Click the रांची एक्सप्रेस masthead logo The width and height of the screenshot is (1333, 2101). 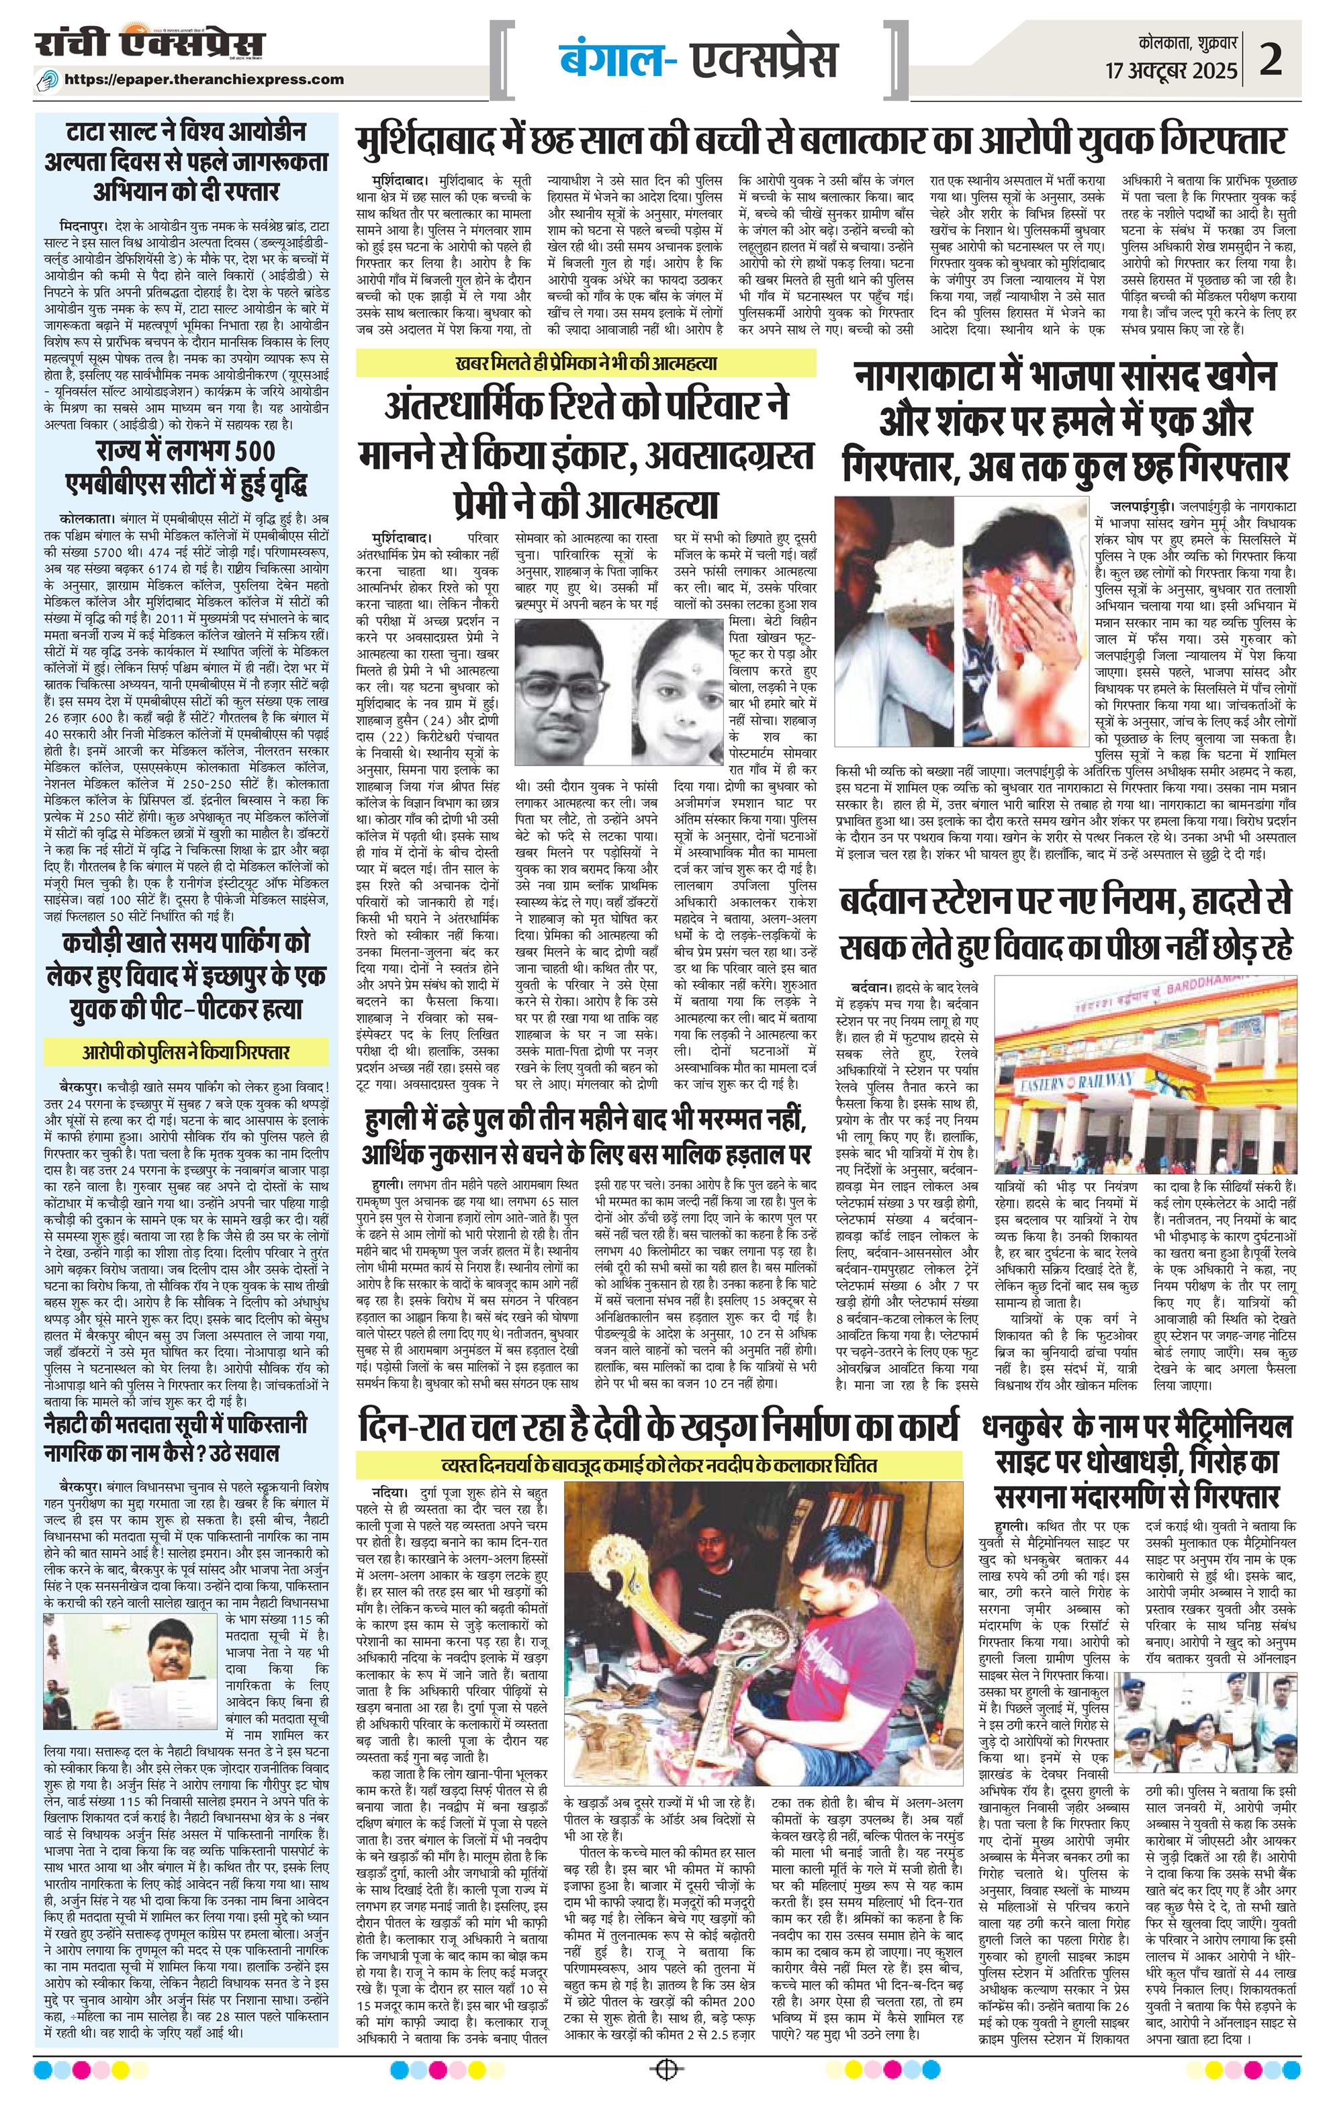pyautogui.click(x=149, y=46)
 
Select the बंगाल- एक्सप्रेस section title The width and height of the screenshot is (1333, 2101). pyautogui.click(x=698, y=59)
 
